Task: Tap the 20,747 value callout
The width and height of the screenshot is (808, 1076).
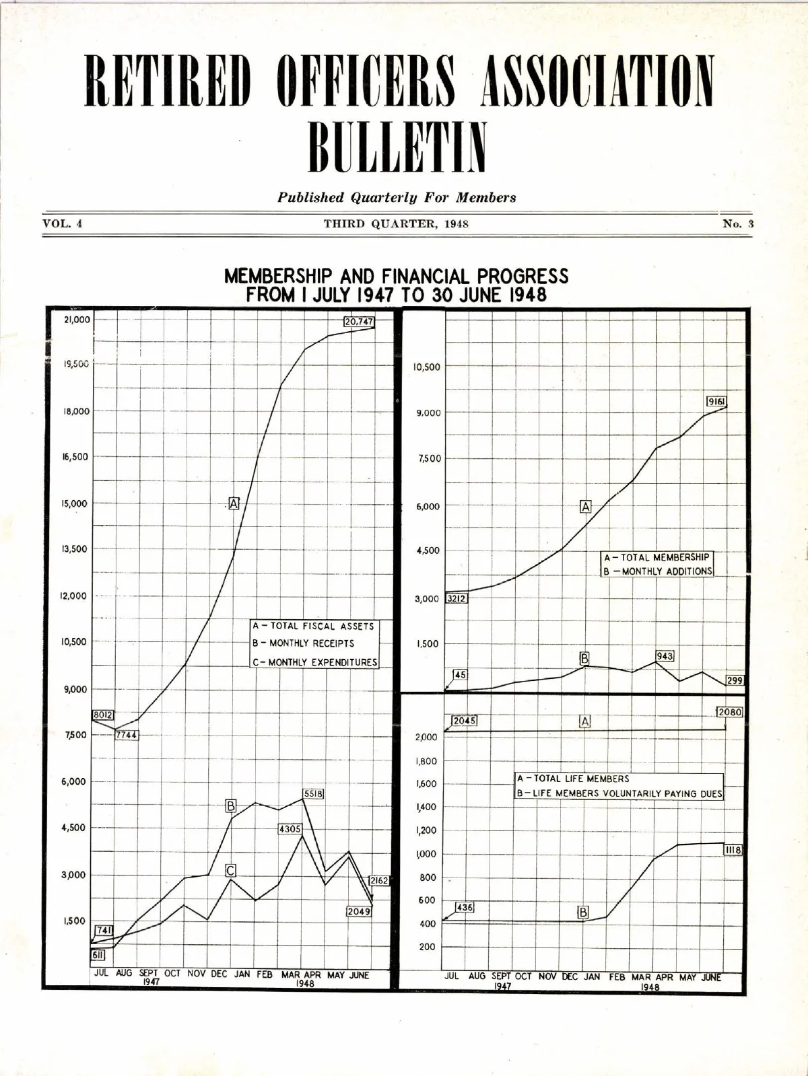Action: [x=359, y=322]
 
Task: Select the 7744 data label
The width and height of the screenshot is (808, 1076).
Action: [x=126, y=735]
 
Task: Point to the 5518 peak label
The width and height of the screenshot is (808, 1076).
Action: [x=314, y=794]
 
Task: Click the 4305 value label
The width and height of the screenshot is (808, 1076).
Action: [x=290, y=829]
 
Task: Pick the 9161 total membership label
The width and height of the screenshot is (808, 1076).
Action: [x=716, y=402]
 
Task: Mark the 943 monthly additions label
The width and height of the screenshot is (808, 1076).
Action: [x=665, y=656]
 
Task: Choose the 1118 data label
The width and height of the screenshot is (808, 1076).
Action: [x=733, y=851]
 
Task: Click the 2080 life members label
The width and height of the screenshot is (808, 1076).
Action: [x=729, y=712]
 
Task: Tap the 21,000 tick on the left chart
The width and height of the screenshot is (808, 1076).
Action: [x=77, y=320]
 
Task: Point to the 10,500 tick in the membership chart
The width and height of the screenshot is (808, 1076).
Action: [x=426, y=367]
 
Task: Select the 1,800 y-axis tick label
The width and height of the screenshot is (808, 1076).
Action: [x=427, y=762]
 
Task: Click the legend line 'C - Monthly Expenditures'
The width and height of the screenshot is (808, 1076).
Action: [x=314, y=662]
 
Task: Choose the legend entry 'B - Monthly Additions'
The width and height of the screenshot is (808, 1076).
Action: [x=657, y=571]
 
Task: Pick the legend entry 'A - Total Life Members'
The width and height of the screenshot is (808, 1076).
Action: [x=573, y=779]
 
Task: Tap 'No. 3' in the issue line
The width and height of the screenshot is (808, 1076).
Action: [x=738, y=224]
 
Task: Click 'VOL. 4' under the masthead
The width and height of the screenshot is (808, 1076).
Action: [x=63, y=223]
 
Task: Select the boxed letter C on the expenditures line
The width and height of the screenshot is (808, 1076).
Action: [x=230, y=871]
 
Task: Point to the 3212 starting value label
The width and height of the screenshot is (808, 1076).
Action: [x=457, y=598]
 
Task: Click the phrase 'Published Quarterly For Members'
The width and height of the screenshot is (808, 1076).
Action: [x=397, y=198]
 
